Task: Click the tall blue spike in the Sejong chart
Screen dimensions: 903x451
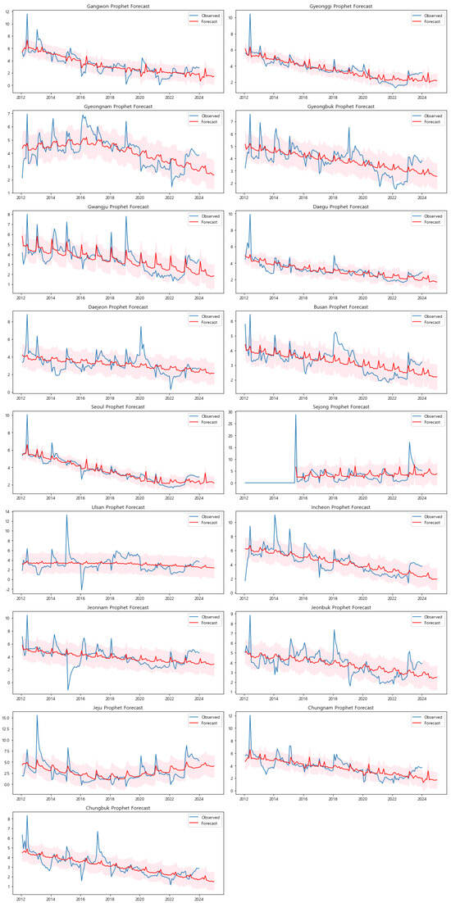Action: (296, 415)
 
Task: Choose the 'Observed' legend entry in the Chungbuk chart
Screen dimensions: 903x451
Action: (202, 817)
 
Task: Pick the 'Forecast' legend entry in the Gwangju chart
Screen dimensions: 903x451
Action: (202, 222)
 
